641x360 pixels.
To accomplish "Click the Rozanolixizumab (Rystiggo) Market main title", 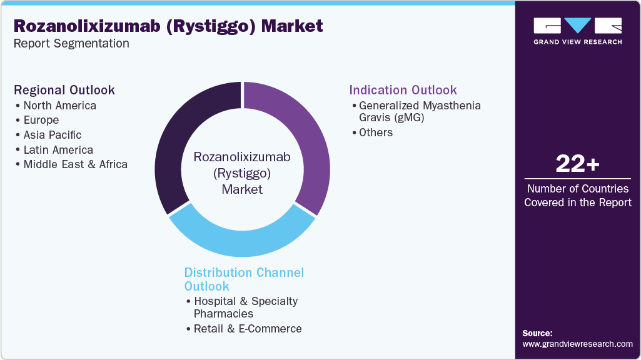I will (x=168, y=26).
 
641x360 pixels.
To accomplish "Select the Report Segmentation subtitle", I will (x=71, y=44).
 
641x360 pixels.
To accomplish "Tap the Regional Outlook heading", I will (x=64, y=90).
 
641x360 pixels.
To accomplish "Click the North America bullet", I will (x=60, y=106).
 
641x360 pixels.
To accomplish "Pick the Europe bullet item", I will (x=41, y=120).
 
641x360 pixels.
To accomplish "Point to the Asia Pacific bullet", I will (x=53, y=135).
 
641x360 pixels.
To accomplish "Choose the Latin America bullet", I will (x=58, y=150).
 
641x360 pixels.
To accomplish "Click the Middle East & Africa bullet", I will (x=75, y=164).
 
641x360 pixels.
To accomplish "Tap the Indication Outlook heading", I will (x=403, y=90).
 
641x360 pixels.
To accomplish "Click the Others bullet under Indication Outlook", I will (x=376, y=132).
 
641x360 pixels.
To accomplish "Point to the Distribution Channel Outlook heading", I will (x=244, y=279).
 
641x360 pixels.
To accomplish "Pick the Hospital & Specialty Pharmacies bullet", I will (x=246, y=307).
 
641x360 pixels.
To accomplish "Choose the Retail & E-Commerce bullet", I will (x=248, y=329).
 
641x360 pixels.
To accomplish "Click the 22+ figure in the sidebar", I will (x=577, y=164).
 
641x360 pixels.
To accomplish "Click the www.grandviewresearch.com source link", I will (x=577, y=344).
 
